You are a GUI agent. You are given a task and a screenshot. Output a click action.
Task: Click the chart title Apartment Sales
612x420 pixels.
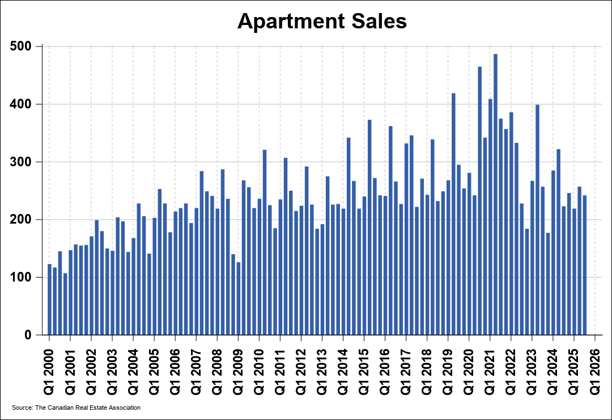pyautogui.click(x=322, y=21)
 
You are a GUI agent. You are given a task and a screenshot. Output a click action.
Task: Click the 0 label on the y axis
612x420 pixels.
pyautogui.click(x=29, y=335)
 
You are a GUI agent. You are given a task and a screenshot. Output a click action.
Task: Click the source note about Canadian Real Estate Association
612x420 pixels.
pyautogui.click(x=76, y=408)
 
